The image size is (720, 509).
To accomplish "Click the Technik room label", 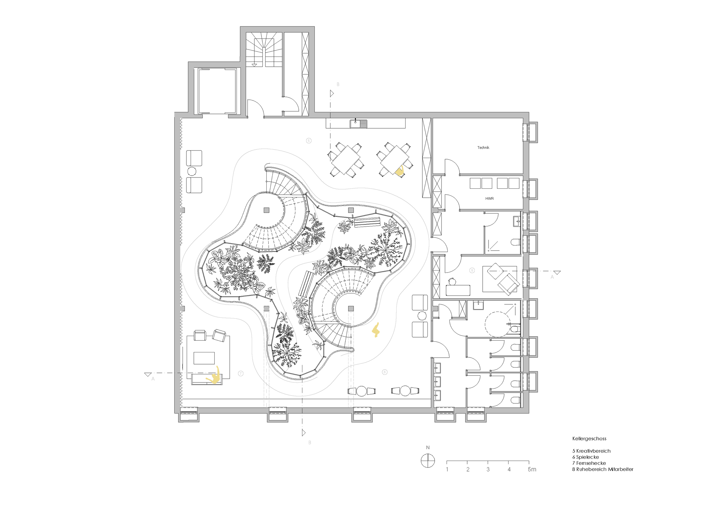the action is pyautogui.click(x=483, y=147).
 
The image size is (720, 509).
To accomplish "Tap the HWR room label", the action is pyautogui.click(x=489, y=199).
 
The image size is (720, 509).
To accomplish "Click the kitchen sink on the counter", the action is pyautogui.click(x=358, y=124).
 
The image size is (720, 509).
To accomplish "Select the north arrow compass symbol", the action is pyautogui.click(x=428, y=461).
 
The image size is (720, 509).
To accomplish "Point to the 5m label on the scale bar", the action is pyautogui.click(x=532, y=469).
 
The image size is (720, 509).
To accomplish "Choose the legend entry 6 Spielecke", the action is pyautogui.click(x=586, y=457).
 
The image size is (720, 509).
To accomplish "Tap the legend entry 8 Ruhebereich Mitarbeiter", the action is pyautogui.click(x=603, y=469).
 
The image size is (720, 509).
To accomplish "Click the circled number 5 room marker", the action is pyautogui.click(x=309, y=141).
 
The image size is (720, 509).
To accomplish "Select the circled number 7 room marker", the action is pyautogui.click(x=240, y=373).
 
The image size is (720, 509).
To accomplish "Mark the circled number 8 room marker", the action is pyautogui.click(x=472, y=270).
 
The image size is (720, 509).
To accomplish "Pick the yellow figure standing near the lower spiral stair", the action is pyautogui.click(x=376, y=330).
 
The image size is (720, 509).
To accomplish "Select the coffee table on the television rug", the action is pyautogui.click(x=204, y=358).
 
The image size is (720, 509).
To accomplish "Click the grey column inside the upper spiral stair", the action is pyautogui.click(x=266, y=210).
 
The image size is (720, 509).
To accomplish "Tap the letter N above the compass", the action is pyautogui.click(x=428, y=447).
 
